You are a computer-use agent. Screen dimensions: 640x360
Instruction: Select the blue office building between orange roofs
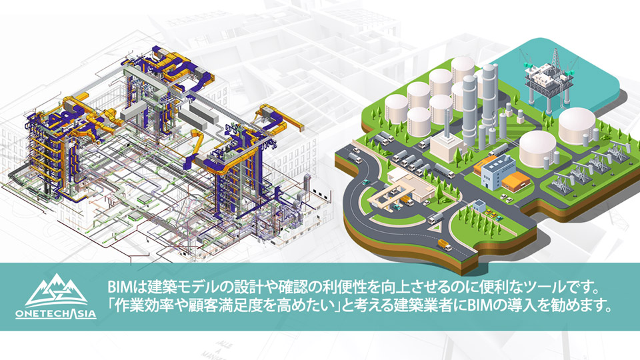coord(495,171)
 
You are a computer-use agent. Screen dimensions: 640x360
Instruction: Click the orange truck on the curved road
coord(445,245)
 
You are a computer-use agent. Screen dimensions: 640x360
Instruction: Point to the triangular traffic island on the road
coord(435,226)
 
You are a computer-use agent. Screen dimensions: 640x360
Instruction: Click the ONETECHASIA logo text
coord(56,313)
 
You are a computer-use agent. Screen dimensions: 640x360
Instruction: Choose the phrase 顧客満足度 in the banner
coord(227,305)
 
